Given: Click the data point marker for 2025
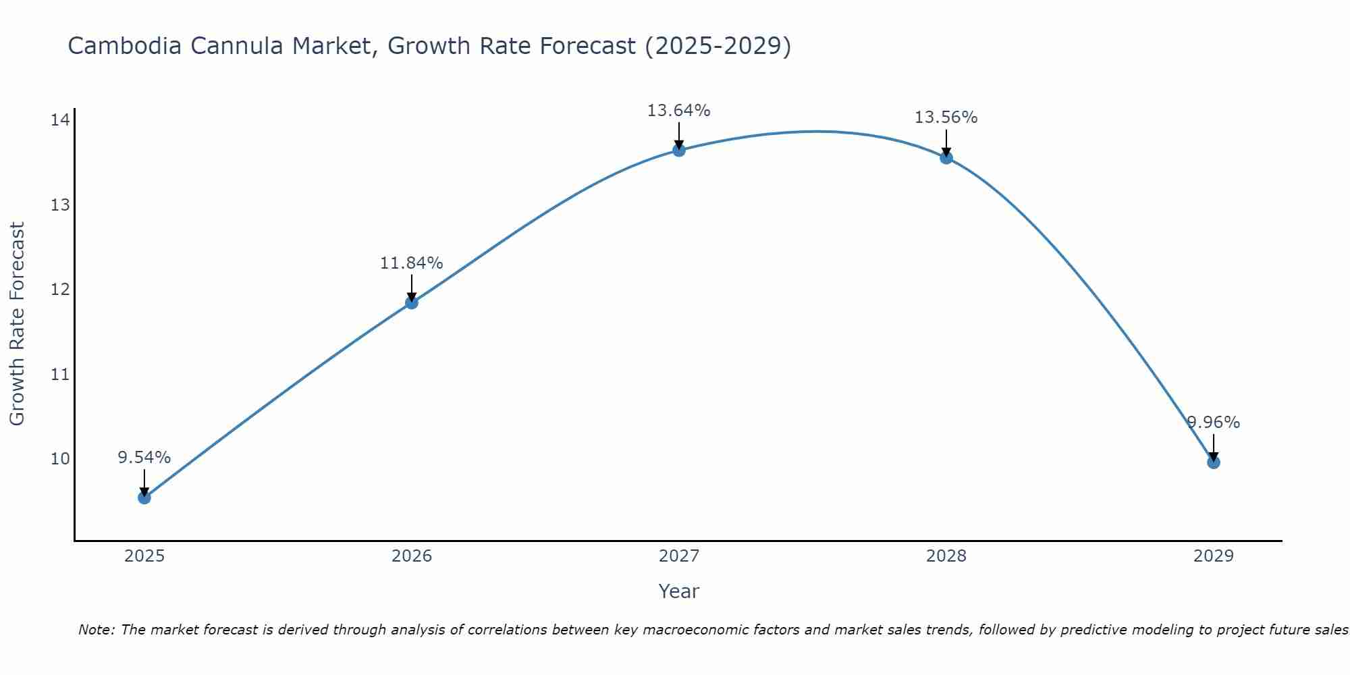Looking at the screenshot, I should (144, 497).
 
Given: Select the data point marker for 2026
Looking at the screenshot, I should (412, 302).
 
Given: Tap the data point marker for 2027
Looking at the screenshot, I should (679, 150).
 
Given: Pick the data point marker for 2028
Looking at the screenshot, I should (946, 157).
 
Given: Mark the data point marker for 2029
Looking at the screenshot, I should (1213, 462).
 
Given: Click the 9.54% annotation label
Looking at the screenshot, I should (144, 458).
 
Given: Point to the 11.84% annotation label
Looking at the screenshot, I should (411, 263).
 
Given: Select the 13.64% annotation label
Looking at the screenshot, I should (678, 111).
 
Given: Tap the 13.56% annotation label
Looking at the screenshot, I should (946, 117).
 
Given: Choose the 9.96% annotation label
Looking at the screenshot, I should (1214, 423).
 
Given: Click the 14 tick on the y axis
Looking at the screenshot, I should (60, 120).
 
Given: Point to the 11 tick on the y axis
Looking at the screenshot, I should (60, 374).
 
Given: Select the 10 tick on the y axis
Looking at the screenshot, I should (60, 459).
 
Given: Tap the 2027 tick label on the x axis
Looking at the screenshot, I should (679, 556).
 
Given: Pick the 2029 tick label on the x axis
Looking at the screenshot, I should (1213, 556).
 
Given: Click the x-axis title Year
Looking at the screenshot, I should (678, 591).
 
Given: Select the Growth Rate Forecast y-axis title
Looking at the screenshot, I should (18, 324).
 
